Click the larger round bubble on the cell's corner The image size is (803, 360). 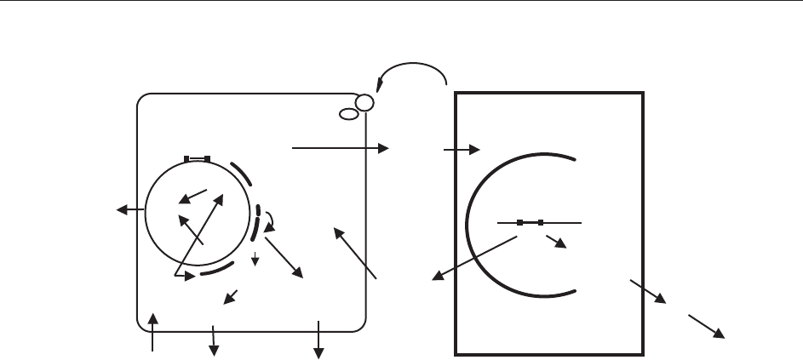coord(364,103)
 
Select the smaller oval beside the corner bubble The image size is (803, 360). coord(348,113)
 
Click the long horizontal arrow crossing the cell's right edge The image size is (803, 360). coord(340,148)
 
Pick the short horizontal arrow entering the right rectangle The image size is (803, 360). coord(462,149)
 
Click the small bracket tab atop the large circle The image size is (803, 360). coord(197,158)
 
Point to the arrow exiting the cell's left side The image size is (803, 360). coord(130,209)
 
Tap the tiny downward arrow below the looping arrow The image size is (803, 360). coord(255,259)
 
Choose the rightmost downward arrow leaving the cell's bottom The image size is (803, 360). coord(318,338)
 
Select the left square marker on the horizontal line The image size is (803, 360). coord(519,222)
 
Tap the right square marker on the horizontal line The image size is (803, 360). coord(541,222)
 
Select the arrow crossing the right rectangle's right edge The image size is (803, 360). coord(647,290)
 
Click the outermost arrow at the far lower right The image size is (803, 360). coord(707,326)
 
